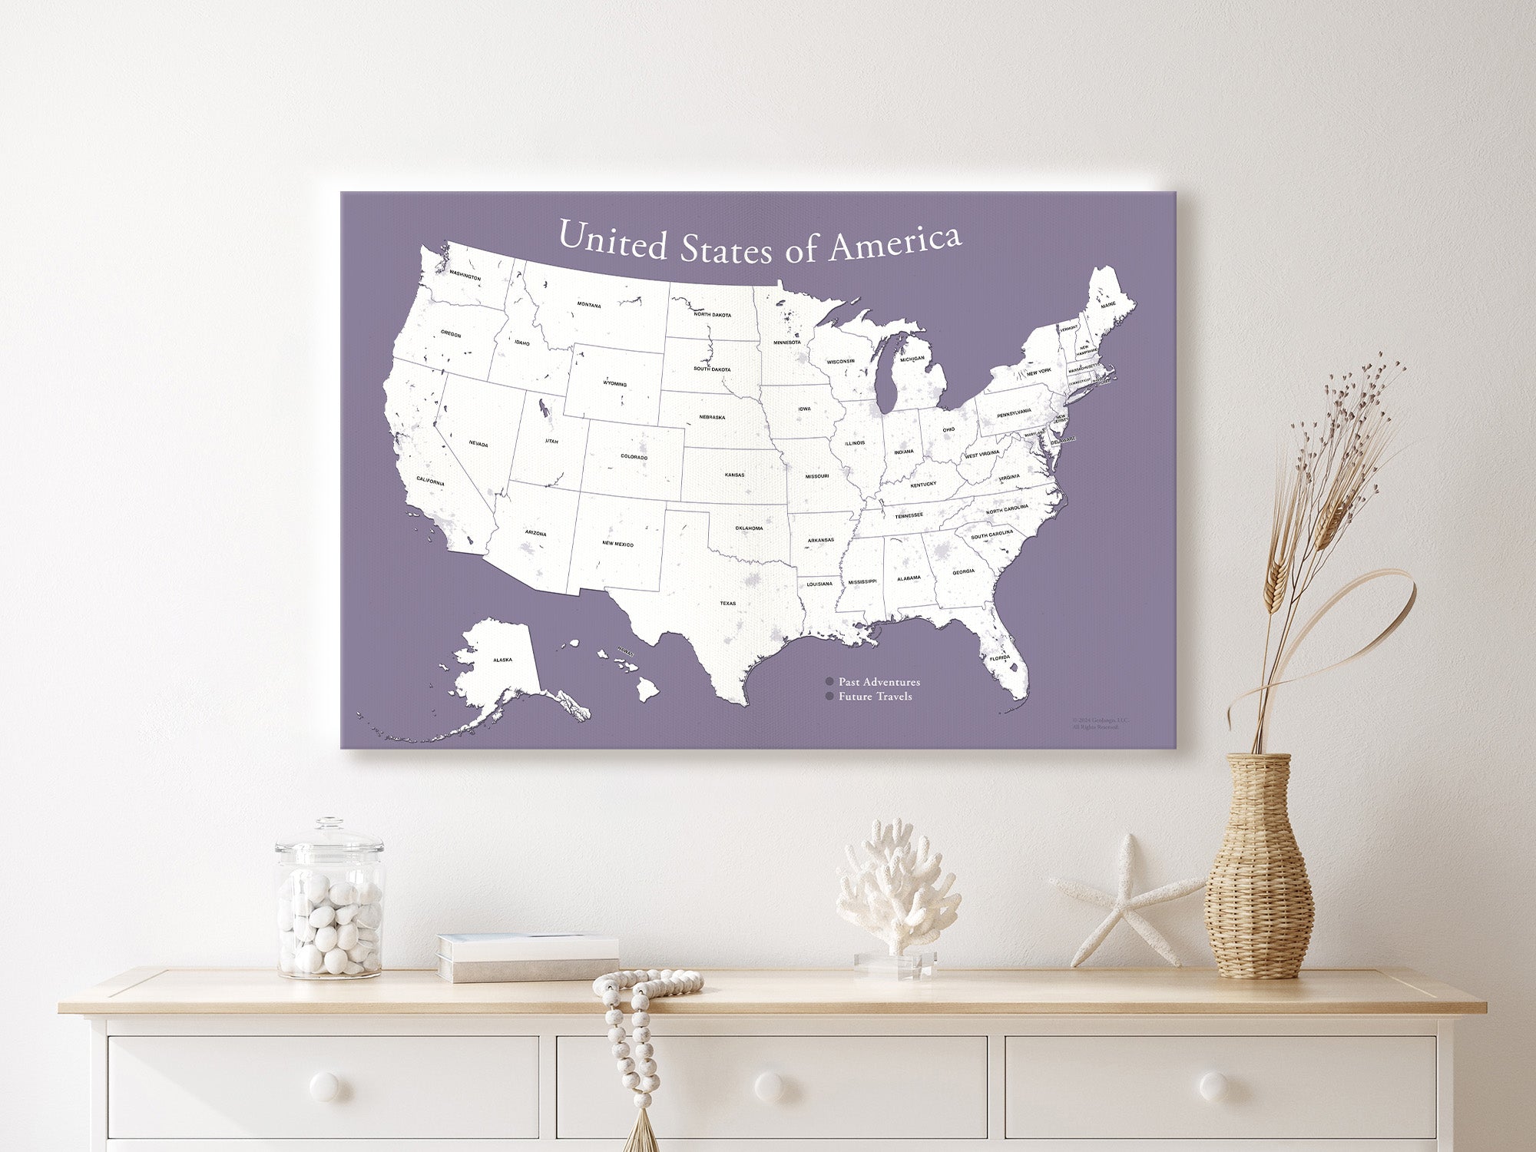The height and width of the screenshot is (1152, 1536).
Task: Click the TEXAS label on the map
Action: pyautogui.click(x=727, y=603)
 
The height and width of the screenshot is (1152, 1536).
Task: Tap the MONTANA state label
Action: pyautogui.click(x=589, y=305)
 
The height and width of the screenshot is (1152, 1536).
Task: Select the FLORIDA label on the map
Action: pyautogui.click(x=999, y=658)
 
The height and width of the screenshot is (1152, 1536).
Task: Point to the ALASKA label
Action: pyautogui.click(x=502, y=660)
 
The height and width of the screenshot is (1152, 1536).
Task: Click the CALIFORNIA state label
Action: pyautogui.click(x=430, y=482)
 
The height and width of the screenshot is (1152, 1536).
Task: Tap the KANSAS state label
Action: pyautogui.click(x=734, y=475)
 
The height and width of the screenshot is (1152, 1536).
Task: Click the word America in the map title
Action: pyautogui.click(x=895, y=243)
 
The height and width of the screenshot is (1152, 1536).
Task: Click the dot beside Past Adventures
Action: pyautogui.click(x=829, y=682)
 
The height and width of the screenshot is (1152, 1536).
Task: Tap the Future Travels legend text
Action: pyautogui.click(x=875, y=697)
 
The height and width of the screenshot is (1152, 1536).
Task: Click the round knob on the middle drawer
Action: pyautogui.click(x=769, y=1085)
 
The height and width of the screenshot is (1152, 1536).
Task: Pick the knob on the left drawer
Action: pyautogui.click(x=323, y=1085)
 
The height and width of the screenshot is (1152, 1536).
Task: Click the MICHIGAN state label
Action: pyautogui.click(x=912, y=359)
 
